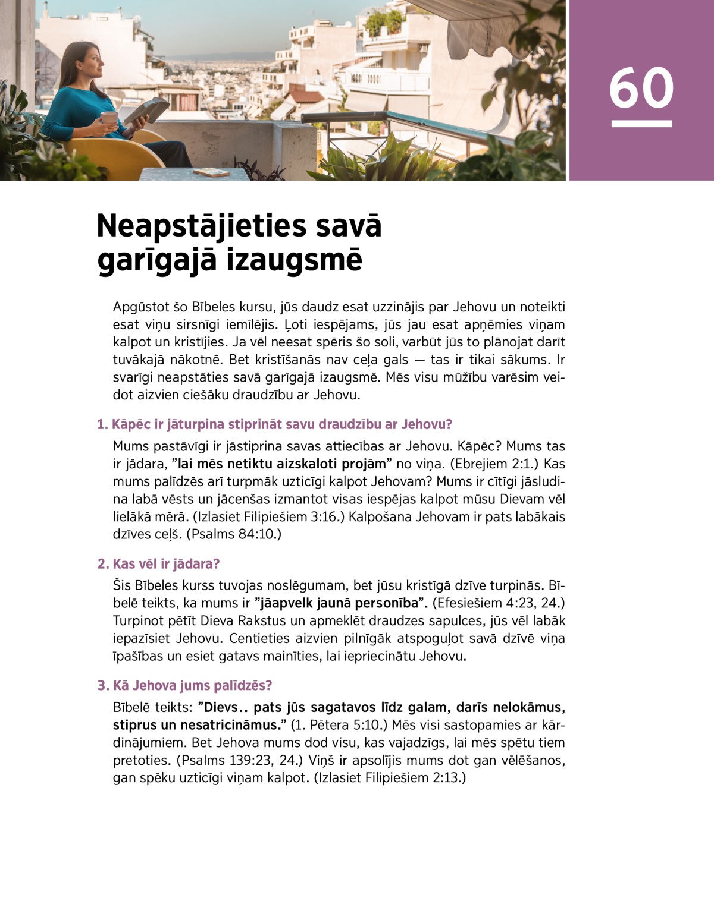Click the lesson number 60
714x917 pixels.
pyautogui.click(x=641, y=88)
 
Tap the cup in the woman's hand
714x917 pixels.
pyautogui.click(x=109, y=118)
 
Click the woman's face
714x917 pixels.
pyautogui.click(x=93, y=61)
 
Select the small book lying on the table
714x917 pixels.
pyautogui.click(x=211, y=172)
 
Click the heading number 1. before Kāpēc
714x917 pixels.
pyautogui.click(x=102, y=424)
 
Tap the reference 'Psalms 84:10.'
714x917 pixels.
pyautogui.click(x=234, y=534)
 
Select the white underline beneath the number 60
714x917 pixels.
pyautogui.click(x=641, y=124)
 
